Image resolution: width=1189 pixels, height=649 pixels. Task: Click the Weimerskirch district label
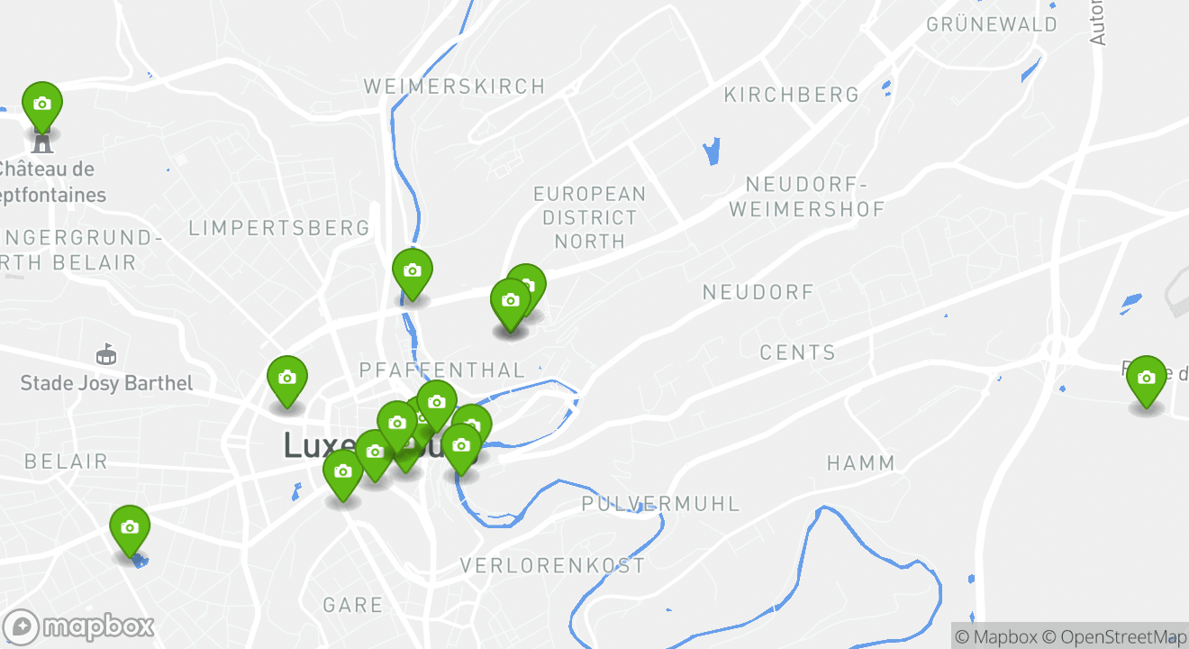tap(454, 87)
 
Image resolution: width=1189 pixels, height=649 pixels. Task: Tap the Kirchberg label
tap(792, 95)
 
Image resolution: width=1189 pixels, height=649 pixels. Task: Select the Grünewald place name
tap(992, 24)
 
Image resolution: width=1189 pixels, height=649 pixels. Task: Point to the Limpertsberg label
tap(279, 228)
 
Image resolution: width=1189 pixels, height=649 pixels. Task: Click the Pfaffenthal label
tap(441, 370)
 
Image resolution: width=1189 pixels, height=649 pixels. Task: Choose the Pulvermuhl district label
tap(660, 504)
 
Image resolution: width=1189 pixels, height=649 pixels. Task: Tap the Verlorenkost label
tap(552, 566)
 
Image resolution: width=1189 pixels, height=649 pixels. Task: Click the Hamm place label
tap(861, 463)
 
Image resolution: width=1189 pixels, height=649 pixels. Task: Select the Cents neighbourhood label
tap(797, 352)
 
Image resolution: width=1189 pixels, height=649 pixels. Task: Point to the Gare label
tap(352, 605)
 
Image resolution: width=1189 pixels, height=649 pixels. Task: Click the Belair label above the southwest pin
tap(66, 462)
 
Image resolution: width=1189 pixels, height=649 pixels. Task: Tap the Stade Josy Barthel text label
tap(106, 383)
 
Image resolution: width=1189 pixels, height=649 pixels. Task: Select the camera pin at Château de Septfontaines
tap(41, 105)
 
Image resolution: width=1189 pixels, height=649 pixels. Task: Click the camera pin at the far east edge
tap(1146, 379)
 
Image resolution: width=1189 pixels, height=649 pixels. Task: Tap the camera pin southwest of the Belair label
tap(130, 528)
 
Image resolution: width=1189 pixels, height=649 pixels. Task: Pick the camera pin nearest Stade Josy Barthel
tap(286, 379)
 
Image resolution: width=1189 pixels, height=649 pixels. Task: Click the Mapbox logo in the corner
tap(78, 626)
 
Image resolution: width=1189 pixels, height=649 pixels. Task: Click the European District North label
tap(589, 217)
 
